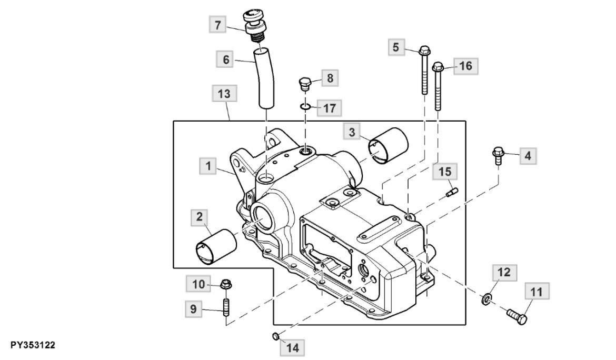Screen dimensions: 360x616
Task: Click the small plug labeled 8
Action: point(305,84)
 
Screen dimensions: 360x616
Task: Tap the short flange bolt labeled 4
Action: point(498,156)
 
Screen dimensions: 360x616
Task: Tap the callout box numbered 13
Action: point(224,95)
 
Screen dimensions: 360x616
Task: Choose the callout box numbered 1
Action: point(208,166)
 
